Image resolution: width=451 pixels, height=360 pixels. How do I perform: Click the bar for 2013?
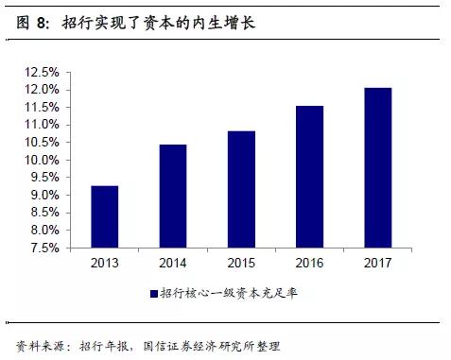(105, 216)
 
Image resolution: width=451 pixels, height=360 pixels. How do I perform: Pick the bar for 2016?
(309, 177)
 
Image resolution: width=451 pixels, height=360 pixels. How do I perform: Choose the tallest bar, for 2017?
(377, 167)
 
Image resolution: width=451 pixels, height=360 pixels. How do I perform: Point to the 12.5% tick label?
(43, 72)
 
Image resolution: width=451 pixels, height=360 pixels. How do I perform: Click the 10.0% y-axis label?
(43, 160)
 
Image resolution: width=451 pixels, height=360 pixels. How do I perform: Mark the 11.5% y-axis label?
(43, 107)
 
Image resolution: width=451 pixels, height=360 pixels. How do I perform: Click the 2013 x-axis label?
(105, 263)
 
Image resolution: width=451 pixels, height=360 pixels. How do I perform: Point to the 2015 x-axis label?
(241, 263)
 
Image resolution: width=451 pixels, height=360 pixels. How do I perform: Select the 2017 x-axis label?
(377, 263)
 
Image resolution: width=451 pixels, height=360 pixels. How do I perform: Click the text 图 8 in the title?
(34, 21)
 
